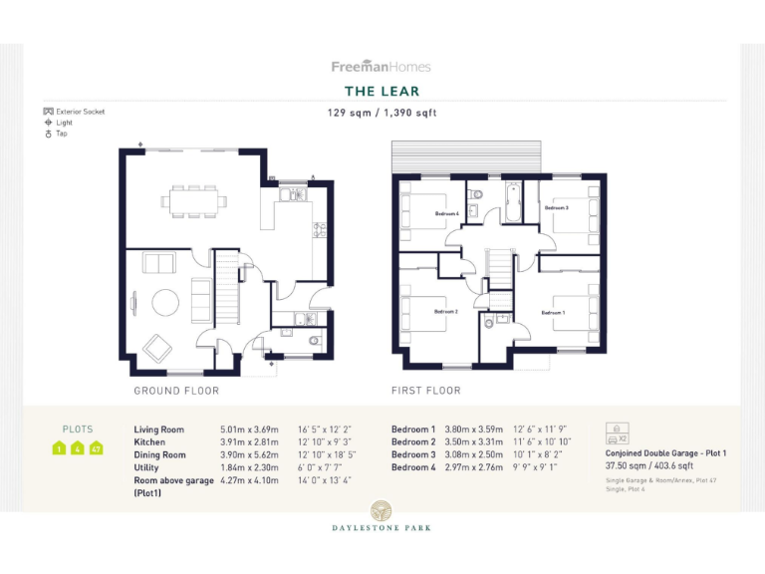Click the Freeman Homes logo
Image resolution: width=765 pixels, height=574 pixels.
382,67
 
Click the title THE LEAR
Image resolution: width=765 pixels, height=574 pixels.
382,92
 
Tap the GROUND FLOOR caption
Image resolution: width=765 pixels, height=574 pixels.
176,391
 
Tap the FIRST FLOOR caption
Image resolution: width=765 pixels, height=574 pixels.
426,391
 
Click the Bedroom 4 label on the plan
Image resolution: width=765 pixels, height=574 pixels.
446,213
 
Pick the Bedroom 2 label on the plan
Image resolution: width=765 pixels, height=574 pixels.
445,312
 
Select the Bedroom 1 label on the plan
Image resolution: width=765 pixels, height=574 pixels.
553,313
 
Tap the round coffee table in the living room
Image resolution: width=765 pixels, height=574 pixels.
165,300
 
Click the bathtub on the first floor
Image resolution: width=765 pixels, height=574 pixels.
512,202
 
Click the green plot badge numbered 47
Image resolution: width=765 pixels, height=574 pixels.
97,448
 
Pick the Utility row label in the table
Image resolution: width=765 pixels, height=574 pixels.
146,467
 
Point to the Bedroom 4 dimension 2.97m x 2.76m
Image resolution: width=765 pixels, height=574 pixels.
473,467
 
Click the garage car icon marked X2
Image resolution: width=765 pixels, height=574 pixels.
615,432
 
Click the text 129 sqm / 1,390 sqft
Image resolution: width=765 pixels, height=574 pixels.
382,113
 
